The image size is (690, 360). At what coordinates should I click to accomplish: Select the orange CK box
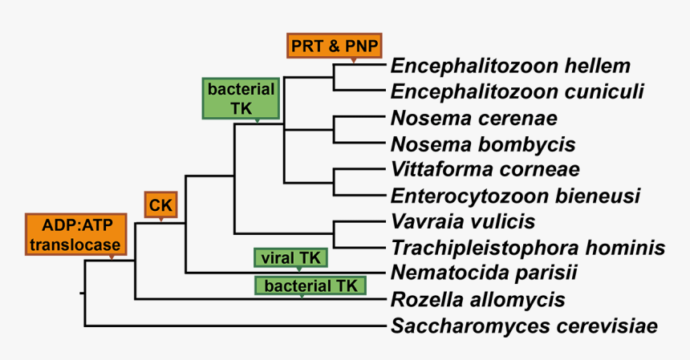coord(161,205)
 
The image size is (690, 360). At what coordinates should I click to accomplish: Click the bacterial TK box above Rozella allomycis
coord(310,285)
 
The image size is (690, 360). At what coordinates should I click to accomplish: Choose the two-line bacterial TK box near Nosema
coord(241,99)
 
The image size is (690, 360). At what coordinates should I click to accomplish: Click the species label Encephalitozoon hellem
coord(510,66)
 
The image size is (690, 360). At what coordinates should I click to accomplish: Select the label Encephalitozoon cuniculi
coord(517,91)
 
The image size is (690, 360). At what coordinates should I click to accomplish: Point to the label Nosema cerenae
coord(473,119)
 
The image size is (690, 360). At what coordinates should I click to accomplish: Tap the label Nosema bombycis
coord(483,144)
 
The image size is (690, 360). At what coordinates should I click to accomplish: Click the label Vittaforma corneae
coord(485,170)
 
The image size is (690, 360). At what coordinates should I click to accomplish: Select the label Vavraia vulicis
coord(463,220)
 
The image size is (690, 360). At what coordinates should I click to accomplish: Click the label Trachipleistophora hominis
coord(528,247)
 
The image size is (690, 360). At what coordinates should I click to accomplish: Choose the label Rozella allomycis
coord(478,300)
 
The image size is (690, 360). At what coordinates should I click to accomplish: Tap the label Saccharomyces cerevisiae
coord(525,326)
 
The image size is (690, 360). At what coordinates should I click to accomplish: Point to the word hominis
coord(627,247)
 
